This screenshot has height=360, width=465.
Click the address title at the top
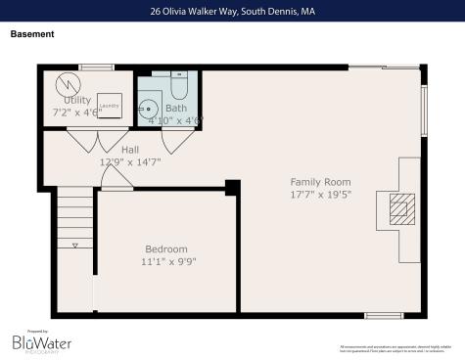pyautogui.click(x=232, y=11)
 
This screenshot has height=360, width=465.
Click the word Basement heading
pyautogui.click(x=32, y=34)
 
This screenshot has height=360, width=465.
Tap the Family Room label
pyautogui.click(x=320, y=182)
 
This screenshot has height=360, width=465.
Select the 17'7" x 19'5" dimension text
pyautogui.click(x=320, y=194)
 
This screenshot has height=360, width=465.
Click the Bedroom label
pyautogui.click(x=165, y=249)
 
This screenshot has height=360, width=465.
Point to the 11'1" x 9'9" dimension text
pyautogui.click(x=165, y=261)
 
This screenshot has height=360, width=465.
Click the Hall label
pyautogui.click(x=130, y=150)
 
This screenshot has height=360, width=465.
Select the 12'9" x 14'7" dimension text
pyautogui.click(x=130, y=161)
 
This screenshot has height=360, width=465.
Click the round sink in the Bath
pyautogui.click(x=149, y=107)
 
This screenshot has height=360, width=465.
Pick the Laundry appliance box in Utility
pyautogui.click(x=110, y=108)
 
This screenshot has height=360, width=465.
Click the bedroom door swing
pyautogui.click(x=116, y=177)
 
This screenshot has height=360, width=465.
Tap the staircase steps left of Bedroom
pyautogui.click(x=73, y=220)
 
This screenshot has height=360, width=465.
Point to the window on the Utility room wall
pyautogui.click(x=96, y=67)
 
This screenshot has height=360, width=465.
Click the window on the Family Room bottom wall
pyautogui.click(x=384, y=315)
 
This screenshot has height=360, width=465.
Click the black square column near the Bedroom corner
pyautogui.click(x=232, y=187)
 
